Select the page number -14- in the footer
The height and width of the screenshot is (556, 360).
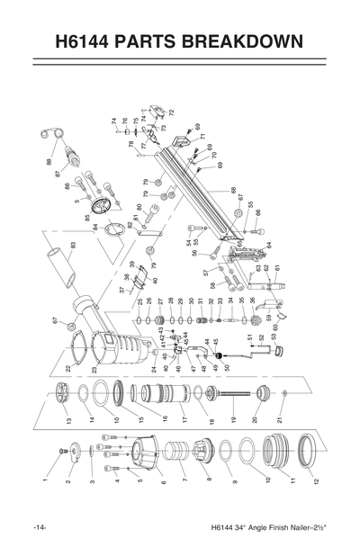[x=40, y=526]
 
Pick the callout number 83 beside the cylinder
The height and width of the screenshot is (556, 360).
[x=72, y=244]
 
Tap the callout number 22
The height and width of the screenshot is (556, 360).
[x=67, y=368]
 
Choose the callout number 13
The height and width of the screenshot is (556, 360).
[x=67, y=419]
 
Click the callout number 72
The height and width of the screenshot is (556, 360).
[x=171, y=112]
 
